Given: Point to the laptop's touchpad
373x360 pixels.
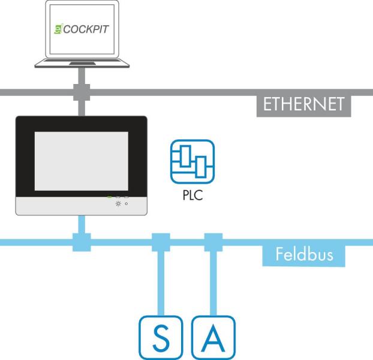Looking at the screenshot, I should pos(82,64).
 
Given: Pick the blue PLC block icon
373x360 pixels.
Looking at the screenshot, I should pos(192,161).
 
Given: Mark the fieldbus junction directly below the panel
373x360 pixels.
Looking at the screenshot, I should pos(81,242).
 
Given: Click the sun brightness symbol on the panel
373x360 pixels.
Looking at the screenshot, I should pos(118,203).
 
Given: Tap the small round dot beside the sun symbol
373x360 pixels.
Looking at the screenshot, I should pos(126,203).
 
